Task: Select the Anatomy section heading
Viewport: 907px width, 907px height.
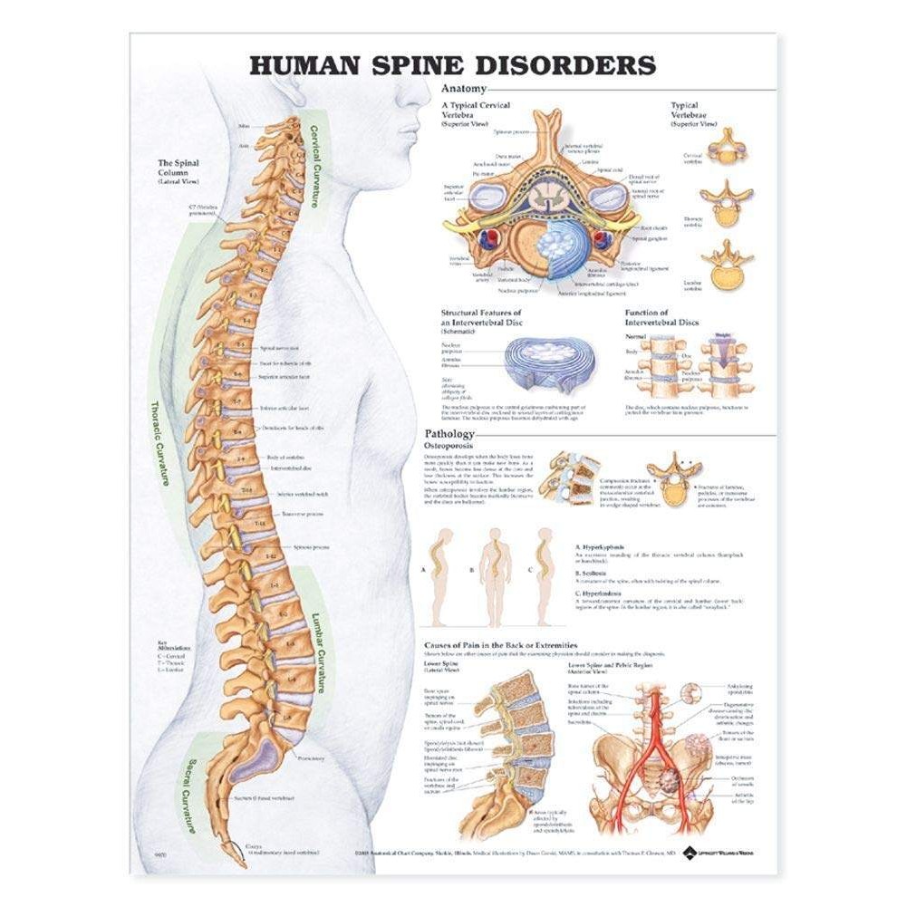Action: [x=462, y=89]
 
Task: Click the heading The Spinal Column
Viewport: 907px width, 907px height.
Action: [x=177, y=169]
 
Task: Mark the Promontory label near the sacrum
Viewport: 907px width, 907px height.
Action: [x=310, y=757]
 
